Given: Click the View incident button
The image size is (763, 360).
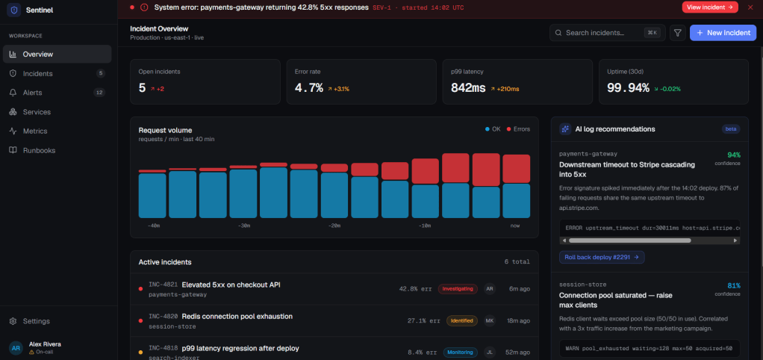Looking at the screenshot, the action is pyautogui.click(x=710, y=7).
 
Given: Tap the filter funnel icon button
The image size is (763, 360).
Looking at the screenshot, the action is pyautogui.click(x=677, y=33).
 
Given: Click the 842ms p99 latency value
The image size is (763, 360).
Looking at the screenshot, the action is pyautogui.click(x=468, y=88).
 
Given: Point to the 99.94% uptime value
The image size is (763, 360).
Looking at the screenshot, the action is pyautogui.click(x=628, y=88).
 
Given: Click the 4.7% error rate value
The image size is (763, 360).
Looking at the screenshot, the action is pyautogui.click(x=309, y=88).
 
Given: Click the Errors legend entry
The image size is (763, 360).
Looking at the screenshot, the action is pyautogui.click(x=518, y=129).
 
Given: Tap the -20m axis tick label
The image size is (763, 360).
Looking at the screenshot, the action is pyautogui.click(x=334, y=226).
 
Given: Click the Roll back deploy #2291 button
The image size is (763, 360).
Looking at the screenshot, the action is pyautogui.click(x=602, y=257).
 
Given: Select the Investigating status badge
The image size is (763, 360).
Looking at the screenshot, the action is pyautogui.click(x=458, y=289).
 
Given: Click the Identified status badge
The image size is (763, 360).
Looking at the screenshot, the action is pyautogui.click(x=462, y=321).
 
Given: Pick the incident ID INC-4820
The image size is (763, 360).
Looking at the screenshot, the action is pyautogui.click(x=163, y=316).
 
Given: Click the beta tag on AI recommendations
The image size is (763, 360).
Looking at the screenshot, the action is pyautogui.click(x=731, y=129).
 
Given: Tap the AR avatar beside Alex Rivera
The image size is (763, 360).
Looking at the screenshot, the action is pyautogui.click(x=16, y=348).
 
